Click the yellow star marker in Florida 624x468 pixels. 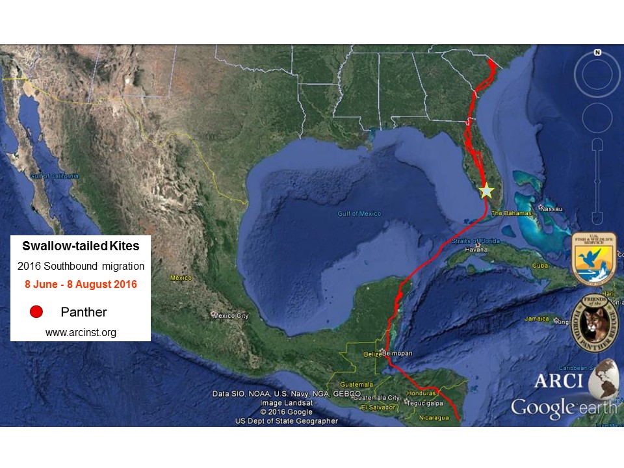click(x=486, y=191)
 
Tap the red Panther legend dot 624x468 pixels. click(x=36, y=312)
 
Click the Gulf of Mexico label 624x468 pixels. click(x=359, y=214)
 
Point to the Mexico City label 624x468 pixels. click(x=230, y=316)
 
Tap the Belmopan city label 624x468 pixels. click(x=397, y=353)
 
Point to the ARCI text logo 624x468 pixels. click(x=558, y=381)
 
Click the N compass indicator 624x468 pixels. click(x=597, y=52)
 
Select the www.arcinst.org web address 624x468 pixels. click(x=80, y=332)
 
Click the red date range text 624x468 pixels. click(x=80, y=284)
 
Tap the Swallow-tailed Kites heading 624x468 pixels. click(x=80, y=247)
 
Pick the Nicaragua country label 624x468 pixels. click(x=434, y=417)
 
